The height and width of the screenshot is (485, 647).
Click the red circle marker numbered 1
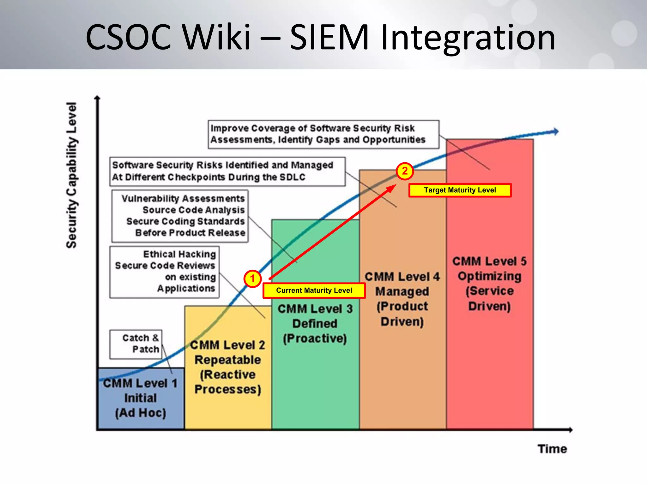(x=252, y=279)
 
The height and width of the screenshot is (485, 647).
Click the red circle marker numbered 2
(x=405, y=171)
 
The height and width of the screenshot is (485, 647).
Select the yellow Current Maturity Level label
(x=314, y=290)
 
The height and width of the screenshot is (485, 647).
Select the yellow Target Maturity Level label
(x=460, y=190)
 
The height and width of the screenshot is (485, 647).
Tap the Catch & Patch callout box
(x=136, y=344)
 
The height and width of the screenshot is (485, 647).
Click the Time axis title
(x=552, y=449)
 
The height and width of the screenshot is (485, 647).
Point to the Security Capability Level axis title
(x=71, y=175)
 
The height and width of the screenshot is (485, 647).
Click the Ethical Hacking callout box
(x=165, y=272)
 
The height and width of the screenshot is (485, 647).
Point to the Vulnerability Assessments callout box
(x=180, y=216)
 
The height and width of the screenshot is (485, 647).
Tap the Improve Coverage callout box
(x=323, y=134)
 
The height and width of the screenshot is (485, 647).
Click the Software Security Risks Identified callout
(x=227, y=171)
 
